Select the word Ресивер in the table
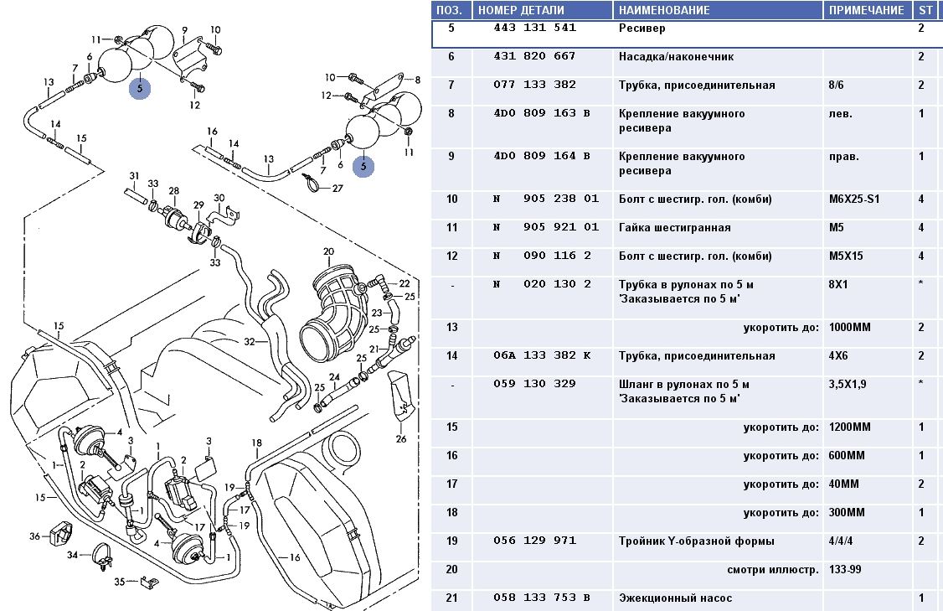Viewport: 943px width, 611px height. pos(642,28)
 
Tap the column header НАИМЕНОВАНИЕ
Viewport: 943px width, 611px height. pos(664,10)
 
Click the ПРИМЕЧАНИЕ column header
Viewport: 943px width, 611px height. pos(866,10)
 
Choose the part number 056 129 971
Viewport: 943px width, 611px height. pos(534,541)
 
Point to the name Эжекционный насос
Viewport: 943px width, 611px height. pos(675,598)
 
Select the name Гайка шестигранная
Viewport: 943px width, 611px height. pos(674,228)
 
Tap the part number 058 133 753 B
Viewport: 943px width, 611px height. pos(541,598)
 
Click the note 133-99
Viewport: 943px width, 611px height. pos(844,569)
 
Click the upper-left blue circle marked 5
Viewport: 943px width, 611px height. pos(139,88)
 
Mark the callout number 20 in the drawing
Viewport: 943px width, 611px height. pos(328,251)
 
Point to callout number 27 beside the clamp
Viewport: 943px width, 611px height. pos(338,189)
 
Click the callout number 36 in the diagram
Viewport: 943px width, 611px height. pos(34,536)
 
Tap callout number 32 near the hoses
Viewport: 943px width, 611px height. pos(249,342)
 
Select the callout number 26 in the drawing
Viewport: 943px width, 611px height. pos(400,438)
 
